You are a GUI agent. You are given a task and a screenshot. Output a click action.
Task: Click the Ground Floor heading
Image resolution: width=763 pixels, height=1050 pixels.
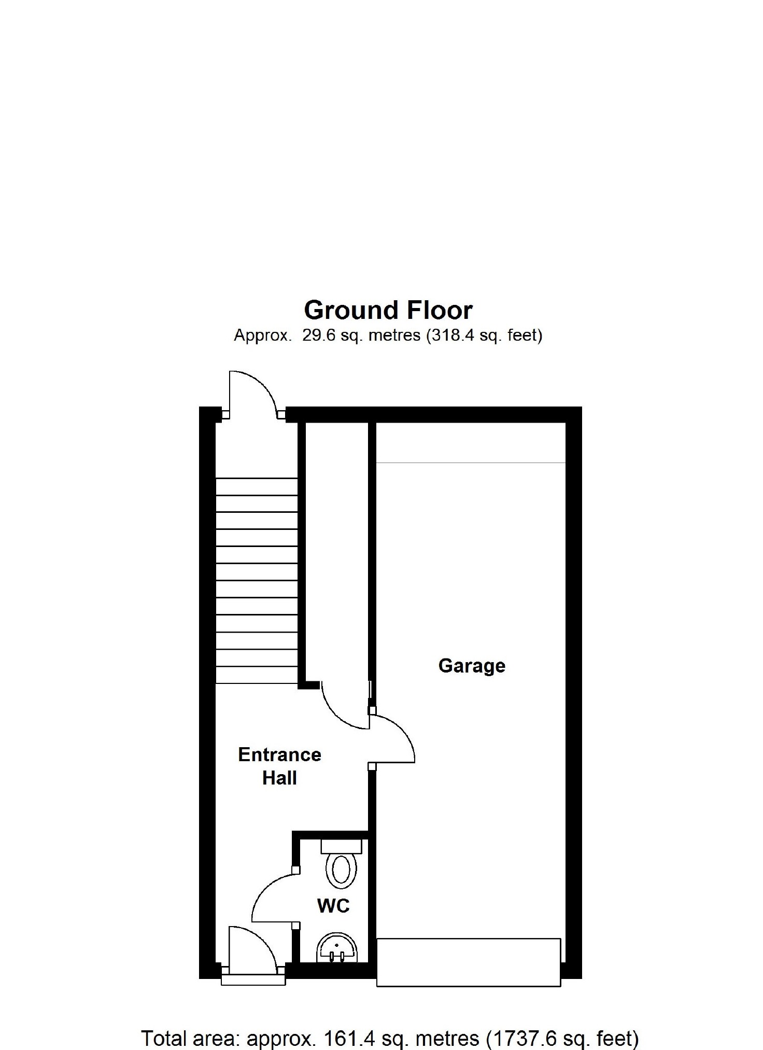(x=388, y=310)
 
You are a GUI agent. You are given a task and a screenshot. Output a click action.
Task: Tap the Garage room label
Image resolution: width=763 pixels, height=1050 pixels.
(x=472, y=665)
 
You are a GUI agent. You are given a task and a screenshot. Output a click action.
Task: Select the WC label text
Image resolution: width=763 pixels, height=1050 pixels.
(x=333, y=905)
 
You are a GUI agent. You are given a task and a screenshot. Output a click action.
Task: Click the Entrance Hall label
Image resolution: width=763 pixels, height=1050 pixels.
(x=279, y=766)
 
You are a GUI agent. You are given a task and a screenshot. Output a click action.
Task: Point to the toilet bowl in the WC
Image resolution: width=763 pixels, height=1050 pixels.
(x=341, y=870)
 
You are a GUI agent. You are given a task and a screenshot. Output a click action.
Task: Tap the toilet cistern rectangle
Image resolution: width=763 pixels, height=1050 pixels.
(x=341, y=846)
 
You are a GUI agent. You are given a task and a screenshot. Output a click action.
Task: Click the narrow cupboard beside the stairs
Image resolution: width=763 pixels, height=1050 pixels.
(x=337, y=550)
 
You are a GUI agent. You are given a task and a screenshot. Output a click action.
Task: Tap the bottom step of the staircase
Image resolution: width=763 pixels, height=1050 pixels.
(x=257, y=675)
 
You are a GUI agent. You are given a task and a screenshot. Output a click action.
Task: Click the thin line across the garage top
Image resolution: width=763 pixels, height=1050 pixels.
(x=470, y=462)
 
